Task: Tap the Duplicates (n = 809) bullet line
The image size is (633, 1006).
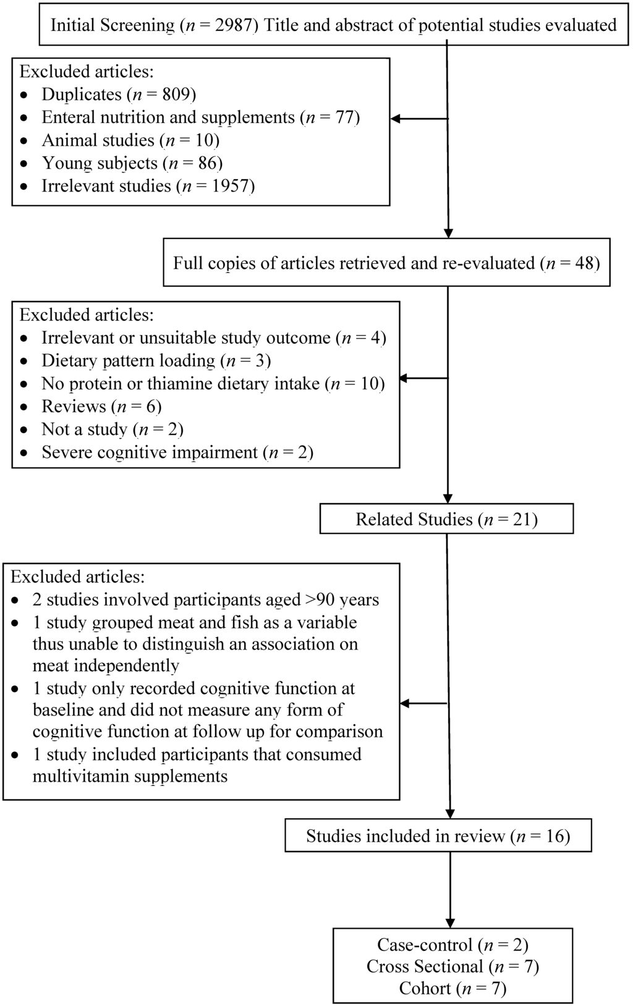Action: [119, 95]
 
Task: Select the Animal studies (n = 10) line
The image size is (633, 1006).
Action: [130, 140]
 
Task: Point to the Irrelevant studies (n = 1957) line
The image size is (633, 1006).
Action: [148, 186]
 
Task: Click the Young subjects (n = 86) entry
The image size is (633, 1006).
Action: [132, 163]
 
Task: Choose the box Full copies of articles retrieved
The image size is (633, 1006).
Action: [386, 263]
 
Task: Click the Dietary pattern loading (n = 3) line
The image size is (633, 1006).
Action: [156, 361]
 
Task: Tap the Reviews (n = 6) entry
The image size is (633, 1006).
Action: [102, 407]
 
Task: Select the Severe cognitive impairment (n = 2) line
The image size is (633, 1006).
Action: [177, 452]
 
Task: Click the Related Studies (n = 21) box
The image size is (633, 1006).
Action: [446, 519]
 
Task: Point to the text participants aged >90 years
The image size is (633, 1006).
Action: [276, 599]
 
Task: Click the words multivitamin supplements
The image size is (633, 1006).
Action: [130, 776]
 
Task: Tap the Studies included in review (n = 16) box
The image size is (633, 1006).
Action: [438, 836]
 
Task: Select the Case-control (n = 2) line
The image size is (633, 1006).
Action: [452, 944]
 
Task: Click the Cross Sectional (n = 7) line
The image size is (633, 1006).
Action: [452, 966]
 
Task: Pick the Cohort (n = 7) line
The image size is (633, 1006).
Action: [452, 989]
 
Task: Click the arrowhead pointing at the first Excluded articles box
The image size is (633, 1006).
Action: [396, 119]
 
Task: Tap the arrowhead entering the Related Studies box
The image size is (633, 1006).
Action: [448, 498]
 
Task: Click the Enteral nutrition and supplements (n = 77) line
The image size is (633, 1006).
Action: [201, 117]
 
